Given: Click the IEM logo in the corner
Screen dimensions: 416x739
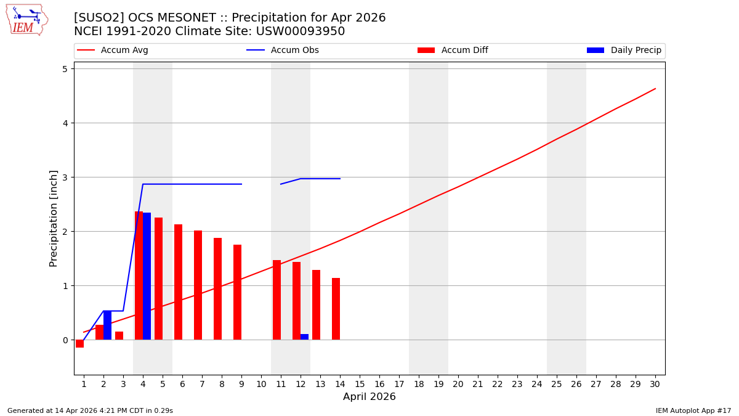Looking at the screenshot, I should pos(26,20).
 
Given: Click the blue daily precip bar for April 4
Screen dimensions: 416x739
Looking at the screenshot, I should pos(147,276).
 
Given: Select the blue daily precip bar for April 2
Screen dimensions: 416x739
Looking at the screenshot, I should pos(107,325).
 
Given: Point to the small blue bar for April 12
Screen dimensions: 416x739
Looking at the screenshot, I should pos(304,336).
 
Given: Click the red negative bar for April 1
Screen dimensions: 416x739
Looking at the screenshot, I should pos(80,343).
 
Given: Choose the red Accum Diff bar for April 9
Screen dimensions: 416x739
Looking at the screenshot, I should pos(237,292).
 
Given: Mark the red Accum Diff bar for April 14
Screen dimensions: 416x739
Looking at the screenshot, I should pos(336,309).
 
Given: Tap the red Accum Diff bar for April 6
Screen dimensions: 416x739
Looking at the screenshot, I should pos(178,282).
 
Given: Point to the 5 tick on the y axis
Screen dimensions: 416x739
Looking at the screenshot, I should pos(64,68).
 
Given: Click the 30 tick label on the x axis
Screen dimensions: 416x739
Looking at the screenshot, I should pos(655,384).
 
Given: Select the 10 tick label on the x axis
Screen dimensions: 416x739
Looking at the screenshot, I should pos(261,384).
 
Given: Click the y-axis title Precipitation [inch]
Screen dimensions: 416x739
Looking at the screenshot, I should pos(54,218).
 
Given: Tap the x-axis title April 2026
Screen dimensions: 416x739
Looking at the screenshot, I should pos(369,397).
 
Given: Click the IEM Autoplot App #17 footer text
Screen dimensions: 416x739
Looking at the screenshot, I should pos(693,410).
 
